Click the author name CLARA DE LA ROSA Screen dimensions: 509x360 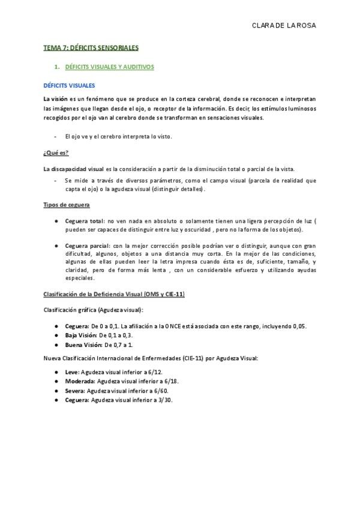[x=284, y=26]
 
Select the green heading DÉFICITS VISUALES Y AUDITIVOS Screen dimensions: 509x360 [x=109, y=67]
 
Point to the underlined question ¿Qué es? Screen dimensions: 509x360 [x=55, y=152]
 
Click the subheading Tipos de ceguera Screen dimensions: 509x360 [x=67, y=205]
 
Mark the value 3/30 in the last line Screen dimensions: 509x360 [x=164, y=400]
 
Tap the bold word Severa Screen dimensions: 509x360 [x=75, y=391]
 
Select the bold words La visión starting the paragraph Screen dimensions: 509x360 [x=55, y=98]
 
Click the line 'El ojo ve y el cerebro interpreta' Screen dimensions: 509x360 [x=118, y=136]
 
